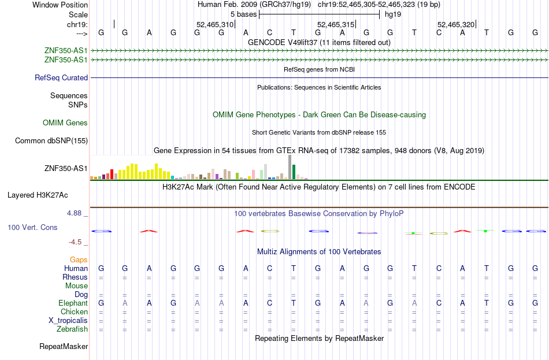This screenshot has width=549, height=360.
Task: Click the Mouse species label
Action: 76,286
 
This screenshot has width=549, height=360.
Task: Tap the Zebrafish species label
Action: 72,329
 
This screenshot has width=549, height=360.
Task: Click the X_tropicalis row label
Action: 68,321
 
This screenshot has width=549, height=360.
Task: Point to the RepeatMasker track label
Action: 64,346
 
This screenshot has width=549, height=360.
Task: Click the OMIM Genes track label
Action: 65,123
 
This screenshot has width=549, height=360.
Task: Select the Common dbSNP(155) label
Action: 51,141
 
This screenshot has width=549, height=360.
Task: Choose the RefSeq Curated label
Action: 61,78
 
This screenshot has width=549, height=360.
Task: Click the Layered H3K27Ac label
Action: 38,195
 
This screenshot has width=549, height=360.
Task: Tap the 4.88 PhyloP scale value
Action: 74,213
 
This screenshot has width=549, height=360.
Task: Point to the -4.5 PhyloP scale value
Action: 75,242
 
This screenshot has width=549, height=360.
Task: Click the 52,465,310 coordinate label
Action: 214,24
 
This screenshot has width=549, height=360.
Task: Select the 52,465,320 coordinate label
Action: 456,24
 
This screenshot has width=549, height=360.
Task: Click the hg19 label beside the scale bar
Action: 393,14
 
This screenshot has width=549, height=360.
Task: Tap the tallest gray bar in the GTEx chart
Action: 290,167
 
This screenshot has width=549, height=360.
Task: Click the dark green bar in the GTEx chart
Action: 294,172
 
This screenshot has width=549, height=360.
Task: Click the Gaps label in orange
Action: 79,260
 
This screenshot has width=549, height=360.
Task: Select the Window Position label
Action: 60,5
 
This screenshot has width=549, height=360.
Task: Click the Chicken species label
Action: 74,311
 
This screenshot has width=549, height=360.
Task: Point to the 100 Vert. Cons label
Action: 32,227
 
